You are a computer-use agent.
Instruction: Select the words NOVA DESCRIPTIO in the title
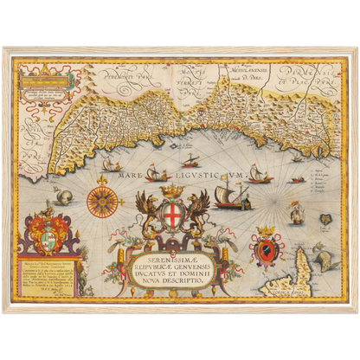coord(180,280)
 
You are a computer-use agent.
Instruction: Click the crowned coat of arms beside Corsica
coord(267,248)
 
